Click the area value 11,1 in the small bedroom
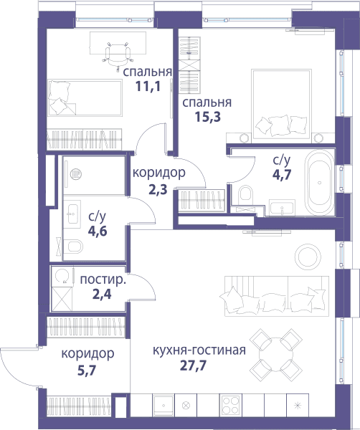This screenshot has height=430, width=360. coord(148,87)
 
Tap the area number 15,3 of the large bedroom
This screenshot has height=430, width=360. coord(208,117)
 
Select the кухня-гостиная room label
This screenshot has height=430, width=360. coord(199,350)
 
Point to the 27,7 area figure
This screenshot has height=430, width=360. coord(193,365)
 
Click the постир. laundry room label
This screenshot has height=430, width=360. coord(103,279)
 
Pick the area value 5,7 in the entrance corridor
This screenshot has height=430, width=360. coord(87,371)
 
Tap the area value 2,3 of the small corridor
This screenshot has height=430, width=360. coord(158,189)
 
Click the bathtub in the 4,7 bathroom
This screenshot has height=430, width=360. coord(319,183)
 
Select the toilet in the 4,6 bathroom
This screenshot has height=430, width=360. coord(73,246)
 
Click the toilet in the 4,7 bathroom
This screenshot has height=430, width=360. coord(245,195)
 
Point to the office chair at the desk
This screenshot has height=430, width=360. coord(118,55)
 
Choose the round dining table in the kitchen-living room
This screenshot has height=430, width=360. coord(276,355)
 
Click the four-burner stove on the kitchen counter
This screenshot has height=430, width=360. coord(230,405)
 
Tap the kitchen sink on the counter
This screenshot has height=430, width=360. coord(164,405)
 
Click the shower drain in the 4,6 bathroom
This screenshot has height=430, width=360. coord(76,174)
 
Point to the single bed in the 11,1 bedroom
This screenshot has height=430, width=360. coord(85,98)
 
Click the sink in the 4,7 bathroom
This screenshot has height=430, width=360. coord(282,208)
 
